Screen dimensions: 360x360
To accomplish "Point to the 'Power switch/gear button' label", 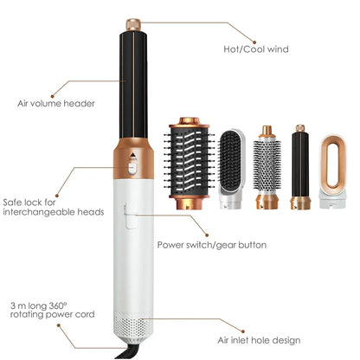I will click(x=211, y=245).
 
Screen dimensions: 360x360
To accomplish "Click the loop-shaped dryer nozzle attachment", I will click(x=332, y=168).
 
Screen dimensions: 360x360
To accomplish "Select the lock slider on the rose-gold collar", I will click(x=133, y=164).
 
